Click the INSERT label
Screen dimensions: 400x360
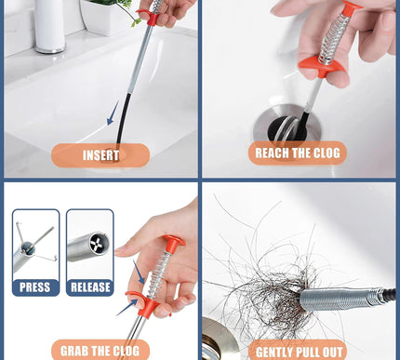click(x=100, y=155)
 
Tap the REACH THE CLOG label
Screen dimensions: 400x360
click(x=298, y=153)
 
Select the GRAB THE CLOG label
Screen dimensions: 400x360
click(x=100, y=351)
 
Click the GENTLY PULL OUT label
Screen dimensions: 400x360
click(x=300, y=353)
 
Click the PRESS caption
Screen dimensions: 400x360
click(x=35, y=287)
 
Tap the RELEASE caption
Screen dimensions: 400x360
click(x=90, y=287)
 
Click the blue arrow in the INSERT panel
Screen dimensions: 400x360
click(x=113, y=113)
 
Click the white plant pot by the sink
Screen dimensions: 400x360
click(x=105, y=17)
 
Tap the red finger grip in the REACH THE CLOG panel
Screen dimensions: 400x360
click(x=323, y=67)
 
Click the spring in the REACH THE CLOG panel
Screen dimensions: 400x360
click(x=333, y=38)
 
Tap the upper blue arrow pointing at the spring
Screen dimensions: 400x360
click(x=139, y=272)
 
